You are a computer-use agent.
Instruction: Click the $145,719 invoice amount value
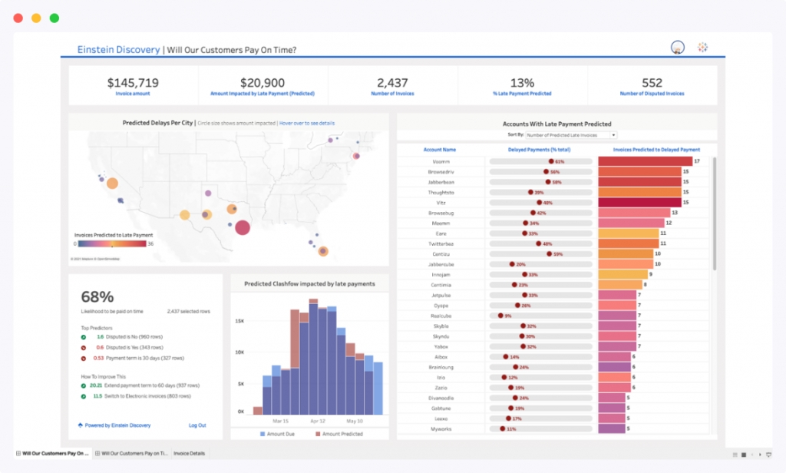[133, 82]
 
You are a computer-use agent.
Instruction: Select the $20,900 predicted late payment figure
[263, 82]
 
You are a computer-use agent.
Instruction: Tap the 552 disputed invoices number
[652, 82]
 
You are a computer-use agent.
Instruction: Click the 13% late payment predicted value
[522, 82]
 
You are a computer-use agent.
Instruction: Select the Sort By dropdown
[570, 134]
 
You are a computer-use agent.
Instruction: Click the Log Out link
[197, 425]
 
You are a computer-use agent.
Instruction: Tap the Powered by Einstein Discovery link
[114, 425]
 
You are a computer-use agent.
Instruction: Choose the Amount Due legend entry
[282, 435]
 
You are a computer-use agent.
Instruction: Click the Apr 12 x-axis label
[318, 421]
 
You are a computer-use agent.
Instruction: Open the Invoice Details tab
[189, 454]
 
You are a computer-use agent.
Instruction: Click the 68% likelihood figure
[97, 296]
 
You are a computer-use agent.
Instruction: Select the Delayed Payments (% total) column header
[539, 150]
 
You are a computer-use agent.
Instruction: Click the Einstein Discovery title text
[118, 50]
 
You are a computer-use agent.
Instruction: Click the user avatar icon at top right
[677, 48]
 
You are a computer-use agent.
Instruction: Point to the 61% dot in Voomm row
[551, 161]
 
